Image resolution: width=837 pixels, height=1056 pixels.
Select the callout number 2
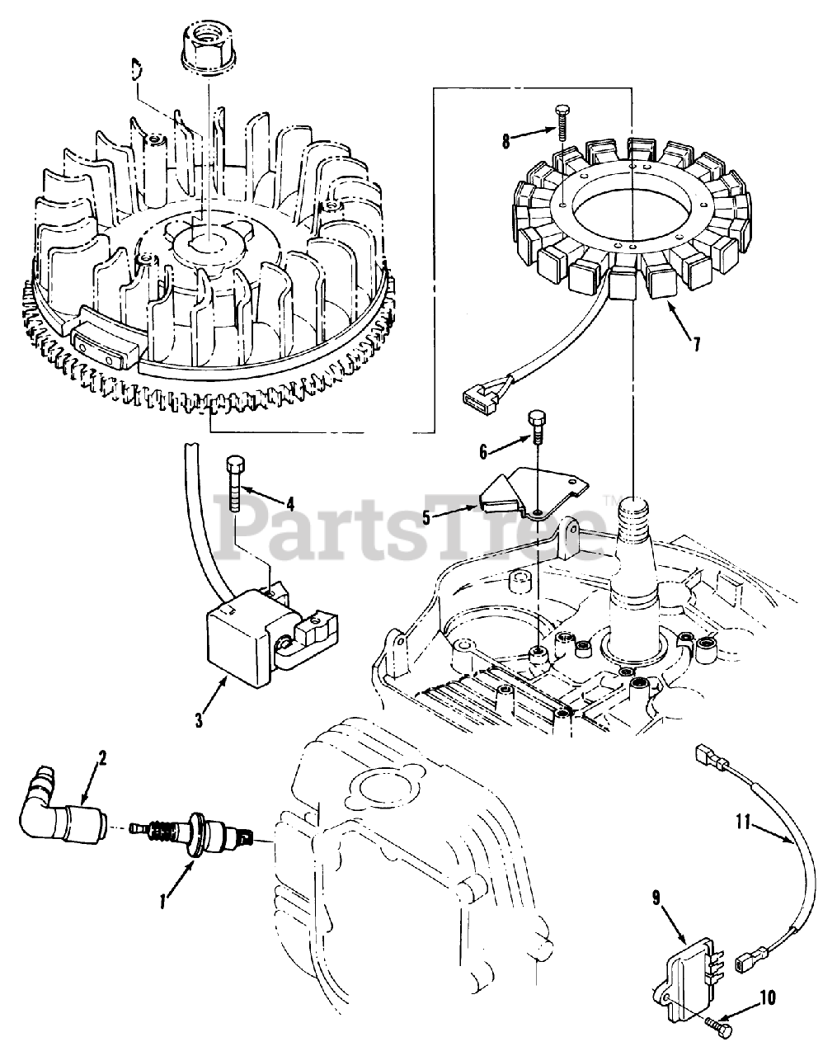pos(102,757)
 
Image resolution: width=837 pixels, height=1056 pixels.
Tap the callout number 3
pos(199,719)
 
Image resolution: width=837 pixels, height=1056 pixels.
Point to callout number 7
pos(697,344)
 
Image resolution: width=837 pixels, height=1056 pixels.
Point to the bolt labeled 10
pos(719,1027)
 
